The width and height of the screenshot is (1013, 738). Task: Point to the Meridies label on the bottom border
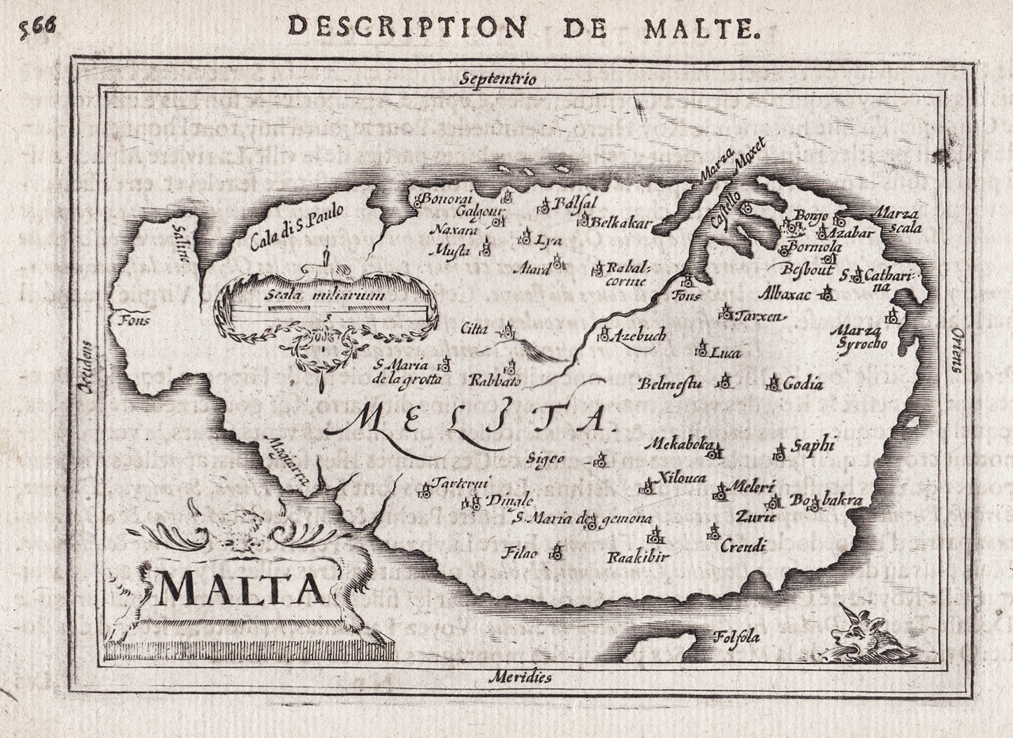(x=520, y=677)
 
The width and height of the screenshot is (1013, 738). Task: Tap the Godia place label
(x=803, y=383)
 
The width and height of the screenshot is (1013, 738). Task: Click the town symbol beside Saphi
(x=779, y=451)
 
